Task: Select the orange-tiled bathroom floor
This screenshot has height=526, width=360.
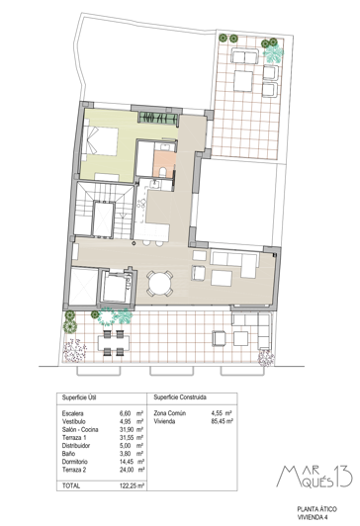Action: tap(164, 157)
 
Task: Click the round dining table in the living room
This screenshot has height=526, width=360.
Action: tap(159, 285)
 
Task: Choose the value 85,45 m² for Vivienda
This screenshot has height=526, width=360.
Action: tap(223, 421)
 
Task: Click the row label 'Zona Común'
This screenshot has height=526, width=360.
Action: tap(168, 412)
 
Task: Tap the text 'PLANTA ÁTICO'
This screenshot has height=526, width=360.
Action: tap(315, 506)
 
